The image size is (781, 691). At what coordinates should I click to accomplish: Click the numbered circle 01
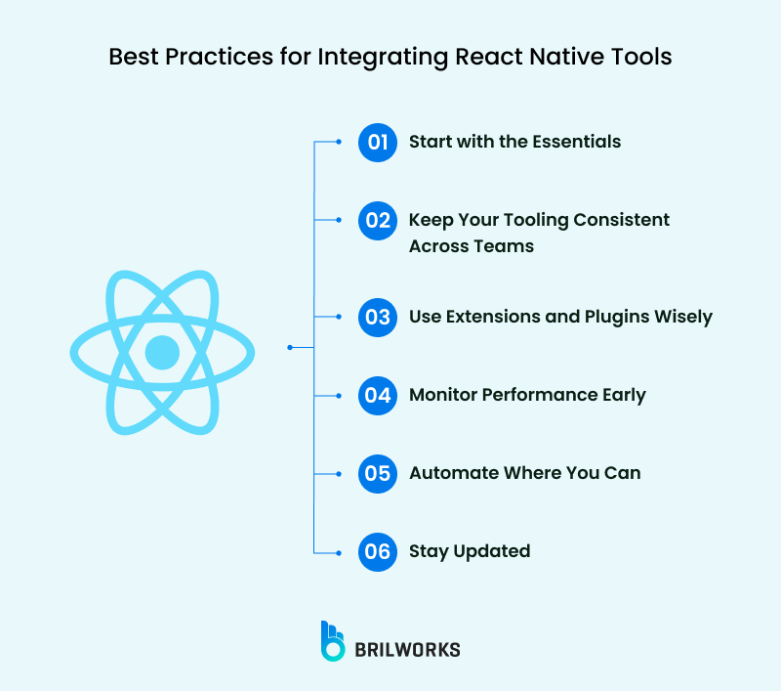(x=377, y=142)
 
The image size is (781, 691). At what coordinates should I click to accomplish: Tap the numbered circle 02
(x=377, y=220)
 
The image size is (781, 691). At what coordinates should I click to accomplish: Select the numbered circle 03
(x=377, y=317)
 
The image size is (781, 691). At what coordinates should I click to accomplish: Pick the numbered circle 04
(x=377, y=395)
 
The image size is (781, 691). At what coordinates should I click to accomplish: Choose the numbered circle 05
(x=377, y=473)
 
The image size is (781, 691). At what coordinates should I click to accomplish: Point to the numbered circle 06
(x=377, y=551)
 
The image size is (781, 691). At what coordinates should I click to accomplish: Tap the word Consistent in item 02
(x=619, y=220)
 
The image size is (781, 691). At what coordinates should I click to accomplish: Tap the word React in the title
(x=490, y=57)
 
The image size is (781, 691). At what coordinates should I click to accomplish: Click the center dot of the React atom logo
(x=162, y=352)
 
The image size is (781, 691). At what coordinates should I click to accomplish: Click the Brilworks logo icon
(x=333, y=641)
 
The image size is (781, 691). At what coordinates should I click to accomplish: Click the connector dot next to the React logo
(x=290, y=347)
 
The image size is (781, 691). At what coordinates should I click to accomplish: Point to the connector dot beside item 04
(x=339, y=395)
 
